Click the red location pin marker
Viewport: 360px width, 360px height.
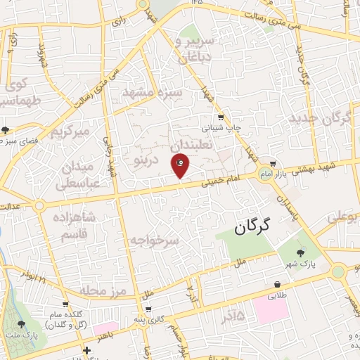(180, 165)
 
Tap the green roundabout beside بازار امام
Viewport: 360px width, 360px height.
(264, 175)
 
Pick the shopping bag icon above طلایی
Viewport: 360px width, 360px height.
(278, 285)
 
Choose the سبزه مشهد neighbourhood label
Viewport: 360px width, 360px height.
(153, 92)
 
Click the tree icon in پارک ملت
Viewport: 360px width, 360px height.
(20, 325)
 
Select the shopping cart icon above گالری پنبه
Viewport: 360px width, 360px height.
(148, 309)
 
